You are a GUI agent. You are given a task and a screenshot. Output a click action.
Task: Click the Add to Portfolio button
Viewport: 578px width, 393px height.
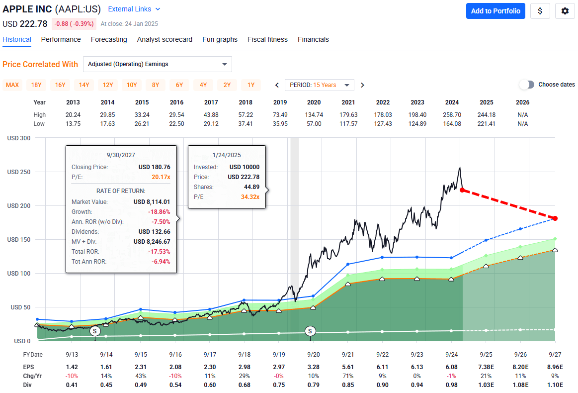click(495, 11)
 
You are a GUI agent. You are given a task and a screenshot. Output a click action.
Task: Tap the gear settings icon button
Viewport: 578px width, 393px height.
click(565, 11)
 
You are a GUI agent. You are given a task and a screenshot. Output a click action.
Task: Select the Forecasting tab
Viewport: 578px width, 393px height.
click(109, 39)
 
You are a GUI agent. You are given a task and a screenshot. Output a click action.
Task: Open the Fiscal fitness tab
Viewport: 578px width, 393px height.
click(267, 39)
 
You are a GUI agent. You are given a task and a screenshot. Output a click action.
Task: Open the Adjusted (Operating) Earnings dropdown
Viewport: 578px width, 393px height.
click(157, 64)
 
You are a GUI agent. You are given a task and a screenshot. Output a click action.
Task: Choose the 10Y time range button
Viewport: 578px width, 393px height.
click(132, 85)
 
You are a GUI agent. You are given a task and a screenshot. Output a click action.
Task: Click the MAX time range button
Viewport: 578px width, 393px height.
click(12, 85)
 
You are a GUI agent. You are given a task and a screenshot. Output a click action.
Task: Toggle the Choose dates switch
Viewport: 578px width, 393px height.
click(526, 85)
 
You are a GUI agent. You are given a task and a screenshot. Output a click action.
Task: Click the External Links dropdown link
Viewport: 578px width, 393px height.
click(134, 9)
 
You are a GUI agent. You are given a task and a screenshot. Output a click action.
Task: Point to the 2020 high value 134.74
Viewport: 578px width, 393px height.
click(314, 115)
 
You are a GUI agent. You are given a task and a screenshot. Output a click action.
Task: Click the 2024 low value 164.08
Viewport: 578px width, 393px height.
click(452, 123)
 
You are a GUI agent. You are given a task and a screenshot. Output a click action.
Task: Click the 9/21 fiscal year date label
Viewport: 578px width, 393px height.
click(348, 355)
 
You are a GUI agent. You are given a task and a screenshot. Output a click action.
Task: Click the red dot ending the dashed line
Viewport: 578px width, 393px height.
click(555, 218)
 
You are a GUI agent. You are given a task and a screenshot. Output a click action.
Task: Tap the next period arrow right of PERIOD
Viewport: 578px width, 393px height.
click(362, 85)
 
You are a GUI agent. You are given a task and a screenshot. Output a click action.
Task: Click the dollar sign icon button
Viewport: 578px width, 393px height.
click(540, 11)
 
